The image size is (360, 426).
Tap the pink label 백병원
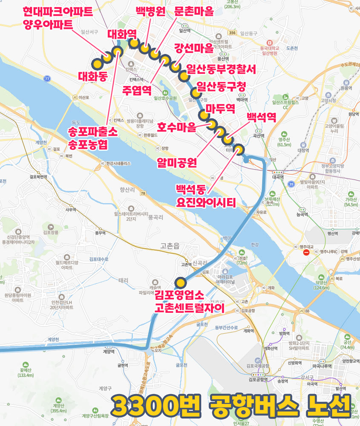150,12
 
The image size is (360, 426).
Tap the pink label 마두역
220,108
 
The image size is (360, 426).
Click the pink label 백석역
261,117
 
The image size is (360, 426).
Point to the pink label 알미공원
176,163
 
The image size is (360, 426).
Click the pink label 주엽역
137,90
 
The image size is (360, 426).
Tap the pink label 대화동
92,76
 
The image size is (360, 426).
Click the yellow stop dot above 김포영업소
181,283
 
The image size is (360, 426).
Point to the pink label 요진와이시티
206,202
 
